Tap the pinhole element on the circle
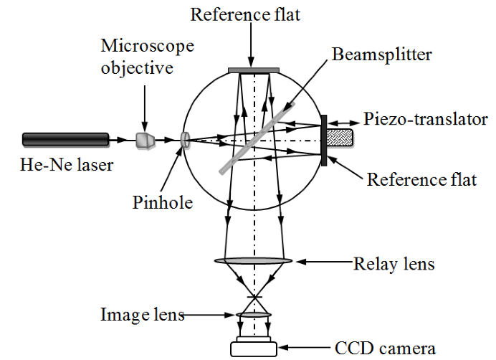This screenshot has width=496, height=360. coord(186,140)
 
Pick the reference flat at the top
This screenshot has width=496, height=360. coord(254,70)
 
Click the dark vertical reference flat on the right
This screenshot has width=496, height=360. coord(325,140)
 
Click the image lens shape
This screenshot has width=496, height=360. coord(254,315)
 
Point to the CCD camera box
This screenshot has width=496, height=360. coord(254,348)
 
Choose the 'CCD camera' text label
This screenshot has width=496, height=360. coord(385,349)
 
